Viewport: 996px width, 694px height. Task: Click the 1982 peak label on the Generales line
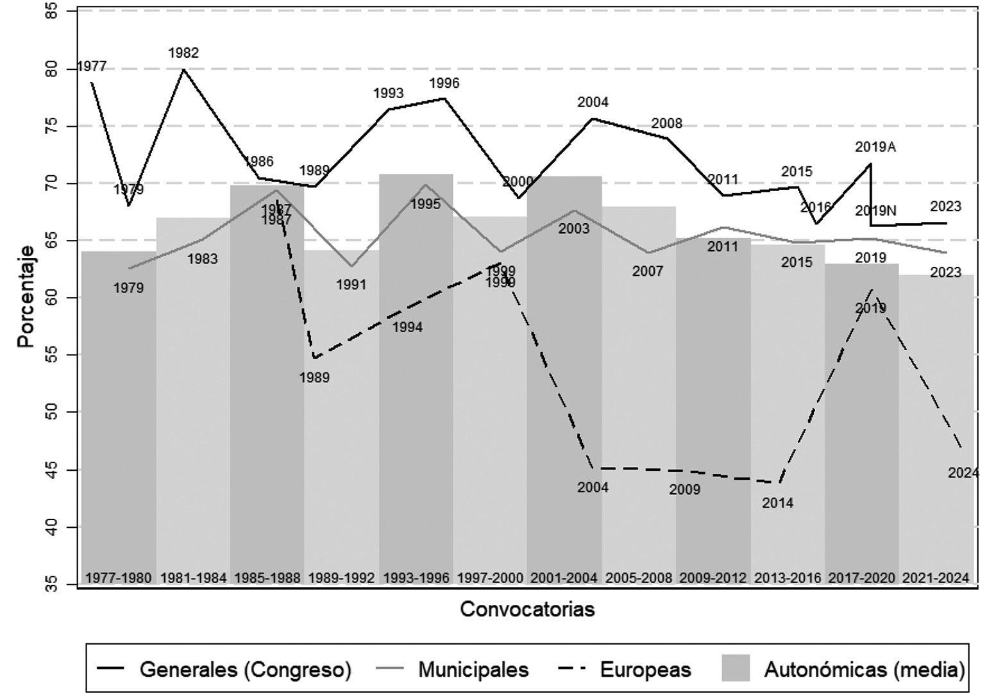coord(183,53)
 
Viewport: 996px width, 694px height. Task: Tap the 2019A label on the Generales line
coord(875,147)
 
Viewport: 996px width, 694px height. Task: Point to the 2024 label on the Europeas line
coord(963,473)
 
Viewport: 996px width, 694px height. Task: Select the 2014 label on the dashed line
coord(777,504)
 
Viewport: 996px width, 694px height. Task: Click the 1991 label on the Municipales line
coord(351,284)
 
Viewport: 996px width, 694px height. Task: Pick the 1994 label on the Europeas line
coord(407,328)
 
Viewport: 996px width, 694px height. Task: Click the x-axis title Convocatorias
coord(527,609)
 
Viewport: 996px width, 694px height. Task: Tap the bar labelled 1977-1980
coord(119,417)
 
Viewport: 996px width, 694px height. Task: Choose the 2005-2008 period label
coord(639,578)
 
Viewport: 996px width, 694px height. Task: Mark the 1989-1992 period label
coord(341,578)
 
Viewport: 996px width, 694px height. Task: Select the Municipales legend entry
coord(473,670)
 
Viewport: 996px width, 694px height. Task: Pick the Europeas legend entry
coord(645,670)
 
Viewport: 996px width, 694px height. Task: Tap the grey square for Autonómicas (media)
coord(735,670)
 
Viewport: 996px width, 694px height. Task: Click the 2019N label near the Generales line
coord(875,211)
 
